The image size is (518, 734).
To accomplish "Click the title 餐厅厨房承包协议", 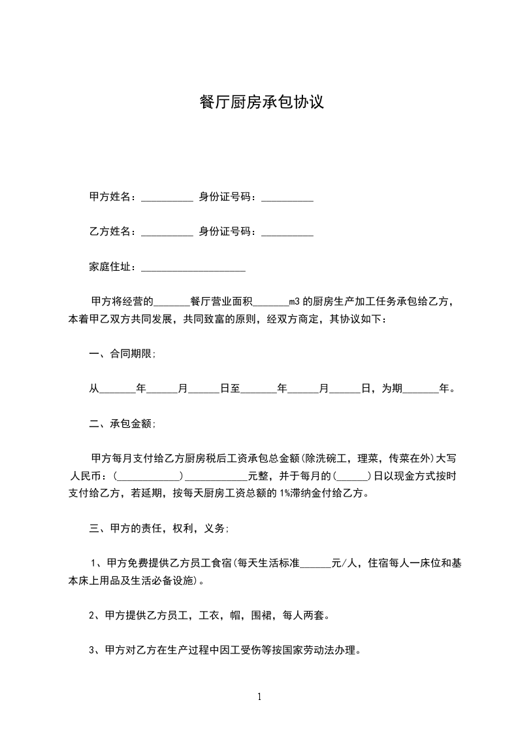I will [261, 103].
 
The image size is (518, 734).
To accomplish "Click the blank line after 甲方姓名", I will [167, 198].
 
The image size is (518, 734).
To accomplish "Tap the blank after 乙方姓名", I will [167, 232].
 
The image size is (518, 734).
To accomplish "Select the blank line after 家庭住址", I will [193, 268].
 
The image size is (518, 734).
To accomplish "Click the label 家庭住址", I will [112, 267].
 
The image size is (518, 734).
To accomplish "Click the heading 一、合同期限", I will [122, 354].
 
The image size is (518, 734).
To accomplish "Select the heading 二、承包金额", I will [122, 424].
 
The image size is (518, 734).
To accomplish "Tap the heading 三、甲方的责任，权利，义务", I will [159, 528].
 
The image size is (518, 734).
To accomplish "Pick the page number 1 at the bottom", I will [259, 697].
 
